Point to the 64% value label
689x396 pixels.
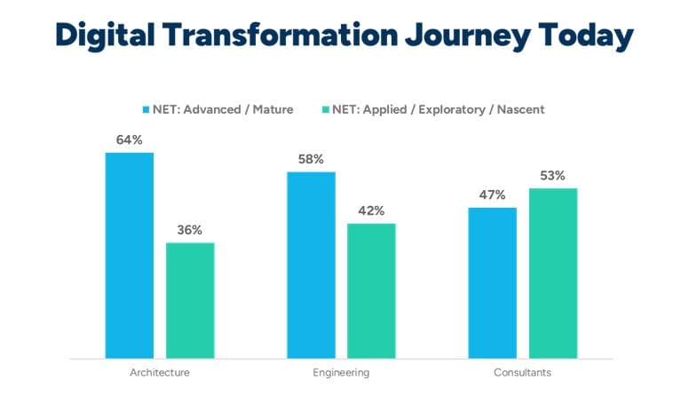coord(129,139)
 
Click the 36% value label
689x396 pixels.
coord(190,229)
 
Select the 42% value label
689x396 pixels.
coord(371,210)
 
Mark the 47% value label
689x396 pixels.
coord(492,194)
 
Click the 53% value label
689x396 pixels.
coord(553,175)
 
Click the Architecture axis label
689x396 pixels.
coord(160,372)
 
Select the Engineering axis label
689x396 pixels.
coord(341,372)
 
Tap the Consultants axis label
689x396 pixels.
coord(522,372)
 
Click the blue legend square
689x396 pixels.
coord(147,109)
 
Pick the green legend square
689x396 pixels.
coord(326,109)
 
